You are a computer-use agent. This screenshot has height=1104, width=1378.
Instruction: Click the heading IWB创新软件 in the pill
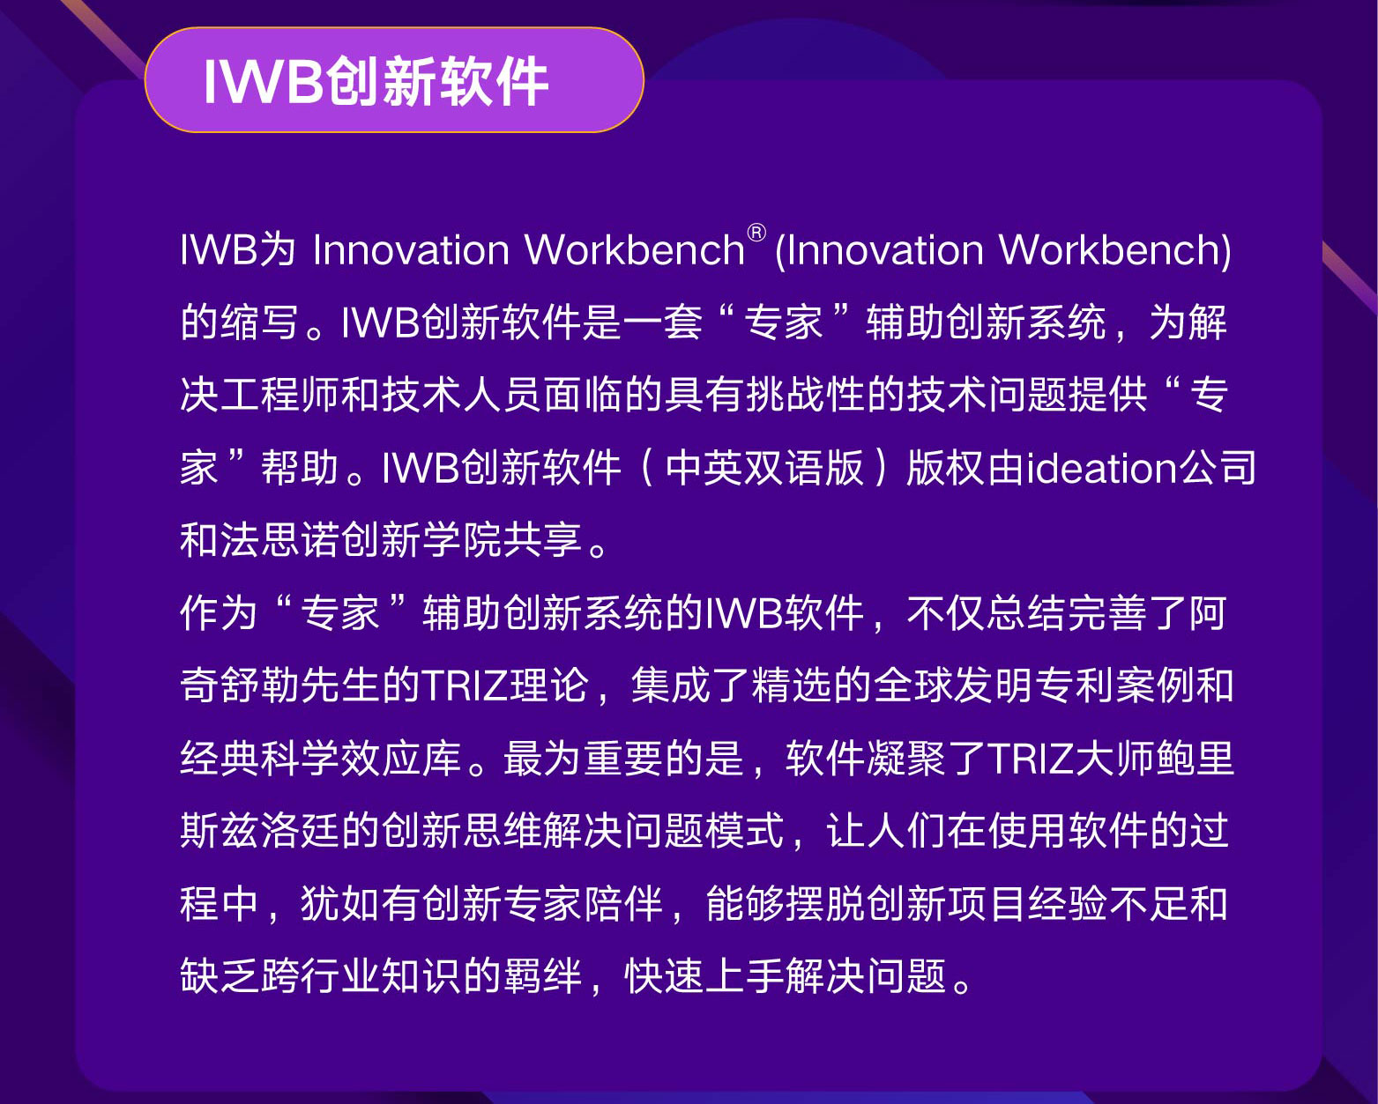coord(376,81)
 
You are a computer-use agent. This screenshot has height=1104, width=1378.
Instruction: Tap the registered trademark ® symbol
coord(756,233)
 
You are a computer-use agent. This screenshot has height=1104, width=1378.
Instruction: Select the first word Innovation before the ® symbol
coord(411,249)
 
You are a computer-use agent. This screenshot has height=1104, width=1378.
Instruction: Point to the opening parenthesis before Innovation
coord(780,251)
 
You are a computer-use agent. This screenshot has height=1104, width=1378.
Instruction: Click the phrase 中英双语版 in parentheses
coord(764,468)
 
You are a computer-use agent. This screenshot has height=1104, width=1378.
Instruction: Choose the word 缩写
coord(259,322)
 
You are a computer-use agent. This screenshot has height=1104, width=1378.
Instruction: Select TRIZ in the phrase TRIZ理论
coord(465,685)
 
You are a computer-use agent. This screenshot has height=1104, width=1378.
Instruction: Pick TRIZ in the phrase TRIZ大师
coord(1032,759)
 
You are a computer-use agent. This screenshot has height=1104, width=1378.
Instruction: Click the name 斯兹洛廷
coord(259,831)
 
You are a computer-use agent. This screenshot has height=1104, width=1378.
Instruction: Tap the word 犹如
coord(340,904)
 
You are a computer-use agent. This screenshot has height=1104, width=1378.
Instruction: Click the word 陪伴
coord(622,904)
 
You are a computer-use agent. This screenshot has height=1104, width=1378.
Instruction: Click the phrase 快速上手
coord(704,976)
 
